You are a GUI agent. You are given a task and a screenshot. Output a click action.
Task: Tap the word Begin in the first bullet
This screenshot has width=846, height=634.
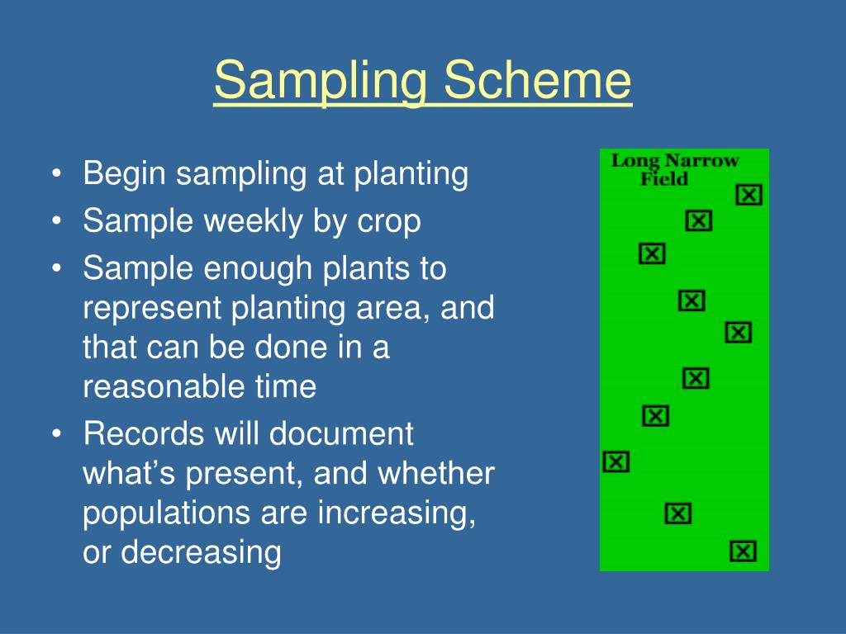click(x=124, y=175)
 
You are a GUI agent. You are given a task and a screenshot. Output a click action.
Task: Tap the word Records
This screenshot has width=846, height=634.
click(x=144, y=434)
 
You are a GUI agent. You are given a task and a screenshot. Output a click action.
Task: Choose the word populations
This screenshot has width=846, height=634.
click(x=167, y=513)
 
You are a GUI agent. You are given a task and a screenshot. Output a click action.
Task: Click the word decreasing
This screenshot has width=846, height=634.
click(x=201, y=552)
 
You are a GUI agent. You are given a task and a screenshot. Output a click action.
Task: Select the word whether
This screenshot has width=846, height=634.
click(x=436, y=473)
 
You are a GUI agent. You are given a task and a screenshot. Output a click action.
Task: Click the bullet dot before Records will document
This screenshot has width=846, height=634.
click(x=57, y=434)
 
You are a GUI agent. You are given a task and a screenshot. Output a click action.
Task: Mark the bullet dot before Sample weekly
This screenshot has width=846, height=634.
click(x=57, y=221)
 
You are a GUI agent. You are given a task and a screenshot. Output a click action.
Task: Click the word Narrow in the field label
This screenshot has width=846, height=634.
click(x=701, y=161)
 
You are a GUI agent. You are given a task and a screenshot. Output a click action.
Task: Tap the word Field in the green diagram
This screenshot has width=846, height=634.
click(x=664, y=179)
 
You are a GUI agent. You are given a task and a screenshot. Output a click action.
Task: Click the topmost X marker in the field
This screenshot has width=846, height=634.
click(x=749, y=195)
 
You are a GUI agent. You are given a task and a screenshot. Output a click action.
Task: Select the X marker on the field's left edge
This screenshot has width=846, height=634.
click(x=616, y=462)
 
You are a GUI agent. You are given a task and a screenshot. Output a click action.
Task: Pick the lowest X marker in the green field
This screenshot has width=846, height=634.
click(x=743, y=551)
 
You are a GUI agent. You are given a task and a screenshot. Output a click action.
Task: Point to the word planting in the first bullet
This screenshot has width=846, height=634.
click(x=411, y=175)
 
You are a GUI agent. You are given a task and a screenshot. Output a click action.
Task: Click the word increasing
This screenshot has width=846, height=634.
click(x=397, y=513)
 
